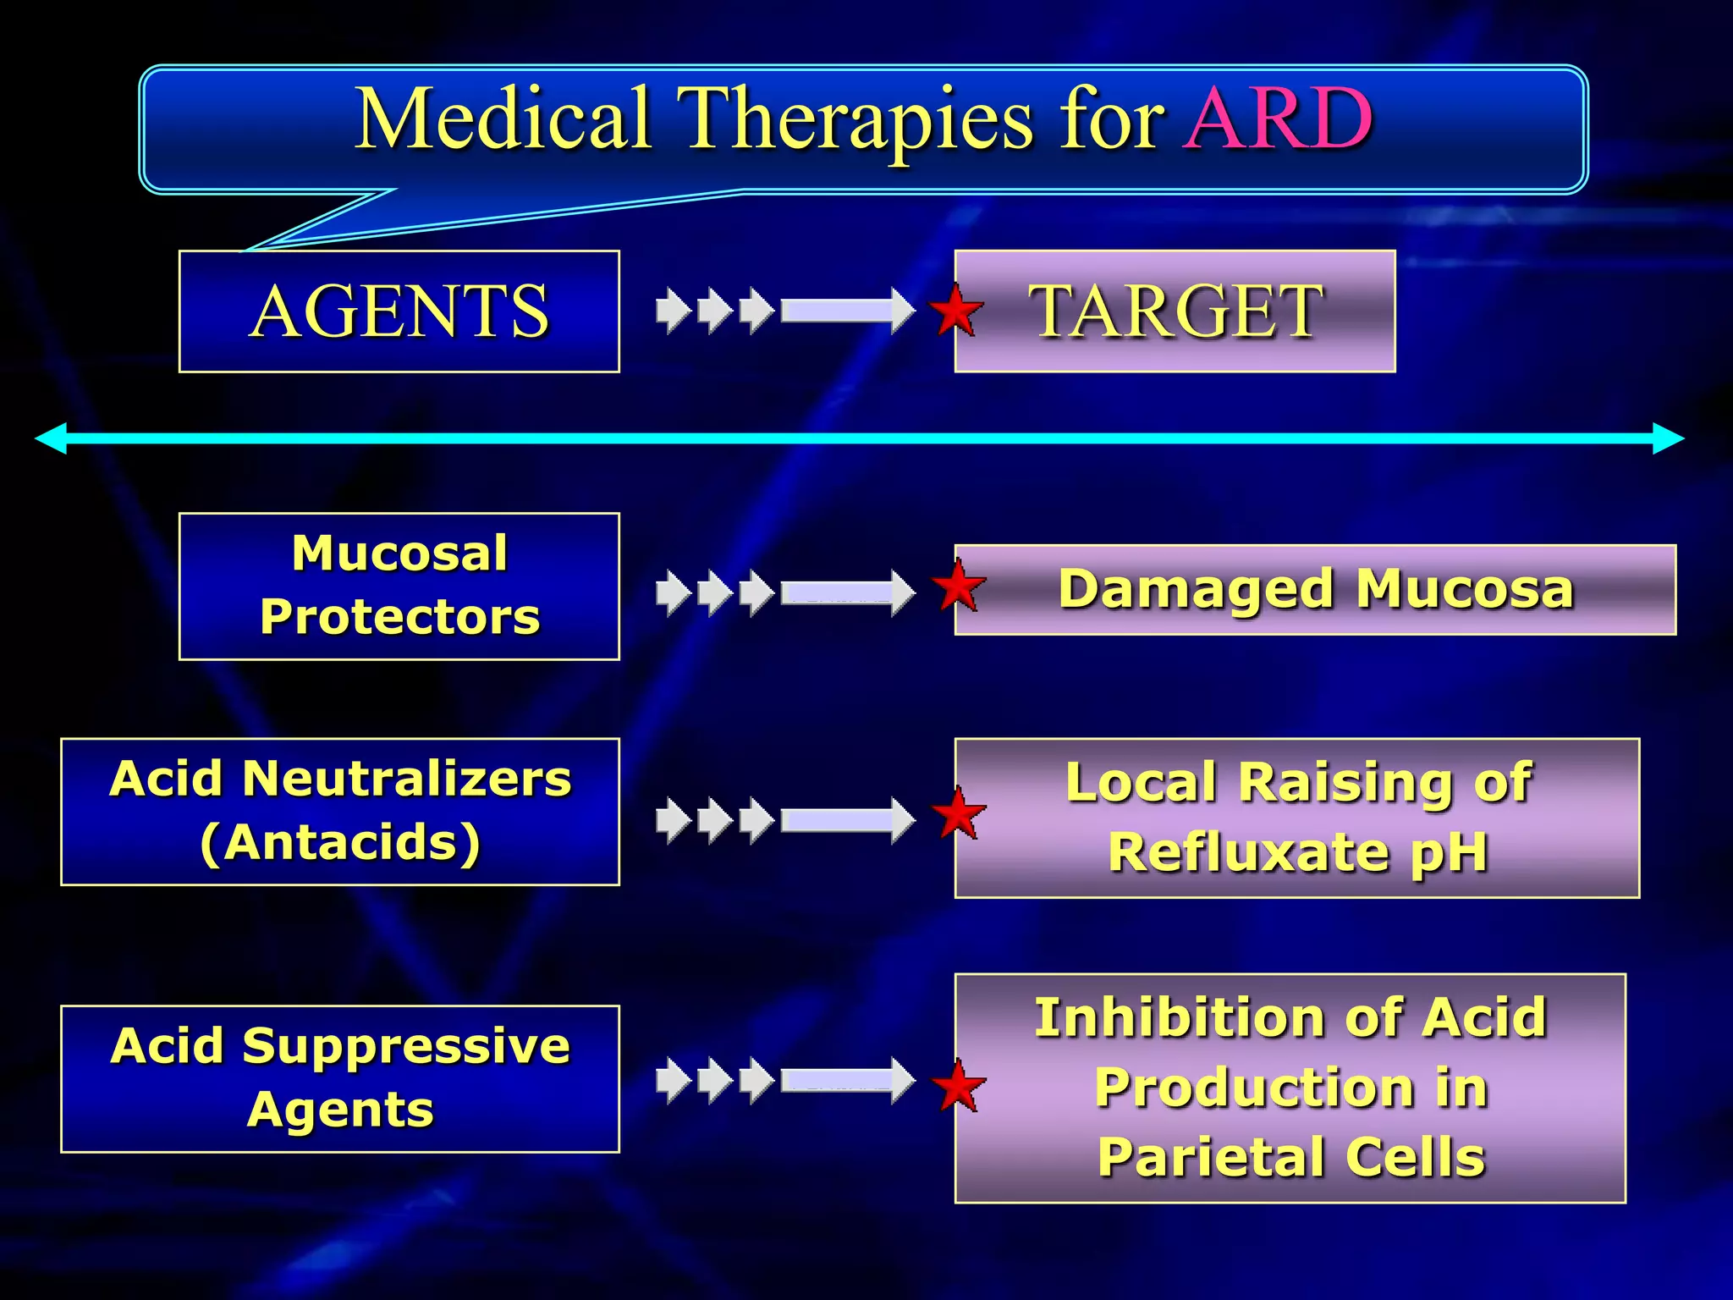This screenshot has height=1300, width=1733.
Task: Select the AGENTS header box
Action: point(399,311)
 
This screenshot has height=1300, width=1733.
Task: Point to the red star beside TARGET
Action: point(956,311)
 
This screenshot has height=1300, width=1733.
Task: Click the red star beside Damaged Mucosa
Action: point(958,586)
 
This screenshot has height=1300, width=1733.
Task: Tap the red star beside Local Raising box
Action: point(958,814)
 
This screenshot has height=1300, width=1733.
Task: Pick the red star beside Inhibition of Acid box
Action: point(958,1086)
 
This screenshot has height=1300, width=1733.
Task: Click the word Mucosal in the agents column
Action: point(399,554)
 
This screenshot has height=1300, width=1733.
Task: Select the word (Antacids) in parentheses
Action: point(340,843)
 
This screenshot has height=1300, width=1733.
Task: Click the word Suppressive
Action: point(406,1046)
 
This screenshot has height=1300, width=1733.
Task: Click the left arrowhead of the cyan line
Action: point(51,438)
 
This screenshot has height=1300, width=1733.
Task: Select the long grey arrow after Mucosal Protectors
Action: point(846,592)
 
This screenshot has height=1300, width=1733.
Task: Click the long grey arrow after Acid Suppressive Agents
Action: point(846,1080)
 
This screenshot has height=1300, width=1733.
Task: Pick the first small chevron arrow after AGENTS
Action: point(673,311)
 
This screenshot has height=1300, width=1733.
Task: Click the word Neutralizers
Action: point(407,779)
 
